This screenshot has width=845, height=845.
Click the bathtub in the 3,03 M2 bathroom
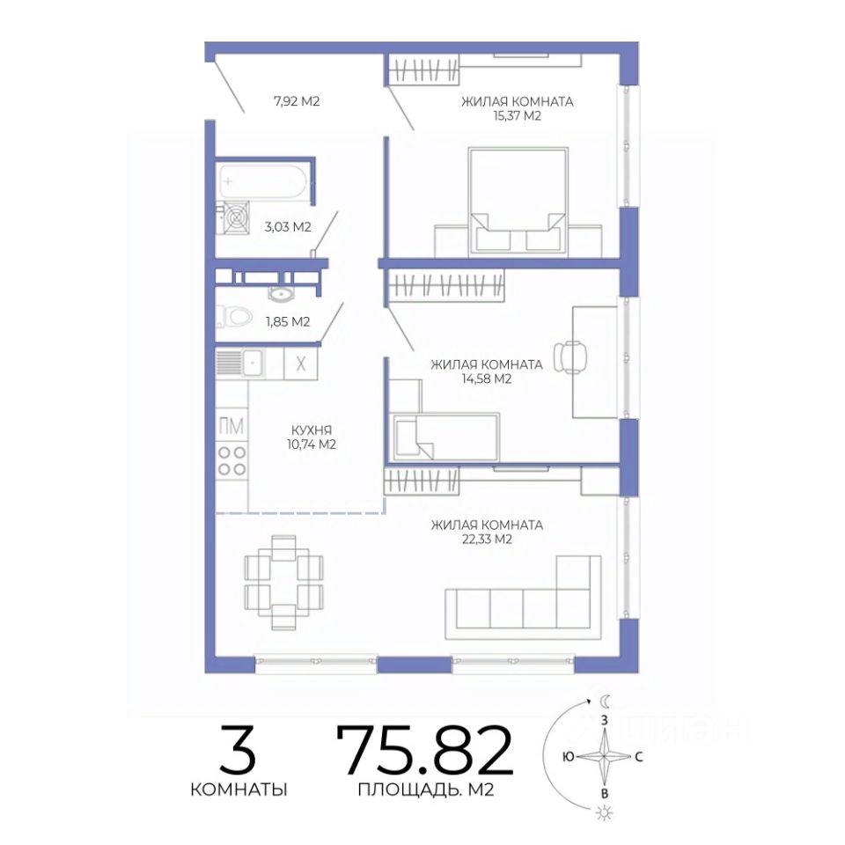point(262,182)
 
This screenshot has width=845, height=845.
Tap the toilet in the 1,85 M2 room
point(234,317)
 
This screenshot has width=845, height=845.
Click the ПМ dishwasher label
point(231,426)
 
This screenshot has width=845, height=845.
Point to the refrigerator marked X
point(301,364)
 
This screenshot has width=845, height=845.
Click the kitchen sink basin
point(252,362)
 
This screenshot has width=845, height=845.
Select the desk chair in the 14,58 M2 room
point(572,356)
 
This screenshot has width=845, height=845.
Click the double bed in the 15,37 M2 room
point(518,201)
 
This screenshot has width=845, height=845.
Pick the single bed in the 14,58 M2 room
point(446,437)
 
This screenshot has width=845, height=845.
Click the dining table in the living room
point(284,582)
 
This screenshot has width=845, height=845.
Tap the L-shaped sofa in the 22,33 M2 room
point(523,599)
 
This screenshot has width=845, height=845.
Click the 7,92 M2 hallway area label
point(297,100)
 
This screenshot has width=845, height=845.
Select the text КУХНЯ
point(312,430)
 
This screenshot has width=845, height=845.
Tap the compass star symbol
point(604,757)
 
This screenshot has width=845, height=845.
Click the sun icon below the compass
point(605,812)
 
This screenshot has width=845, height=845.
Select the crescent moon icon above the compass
point(606,701)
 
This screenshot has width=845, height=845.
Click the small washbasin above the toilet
point(280,294)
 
